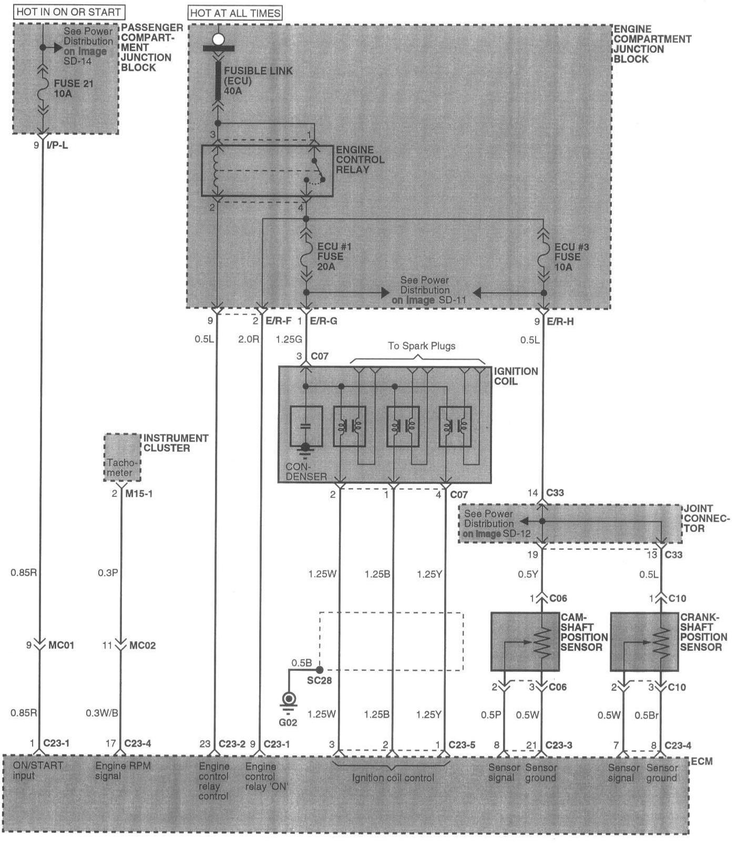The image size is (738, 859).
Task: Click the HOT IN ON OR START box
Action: pos(69,12)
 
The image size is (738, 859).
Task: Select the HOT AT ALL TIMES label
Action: pos(235,13)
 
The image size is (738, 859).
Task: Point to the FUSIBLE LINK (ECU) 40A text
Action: pos(258,80)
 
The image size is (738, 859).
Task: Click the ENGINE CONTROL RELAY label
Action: pos(360,160)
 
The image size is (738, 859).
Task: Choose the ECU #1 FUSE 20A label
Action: pos(334,257)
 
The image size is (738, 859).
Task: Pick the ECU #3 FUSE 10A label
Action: pos(571,257)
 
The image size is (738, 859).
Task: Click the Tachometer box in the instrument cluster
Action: pos(122,457)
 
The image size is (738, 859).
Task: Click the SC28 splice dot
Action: pos(319,670)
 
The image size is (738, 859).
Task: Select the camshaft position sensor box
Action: pos(525,642)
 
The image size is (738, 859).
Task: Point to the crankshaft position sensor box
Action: pos(644,642)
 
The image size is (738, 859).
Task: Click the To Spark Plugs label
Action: pos(422,346)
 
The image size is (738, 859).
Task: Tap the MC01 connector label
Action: pos(61,645)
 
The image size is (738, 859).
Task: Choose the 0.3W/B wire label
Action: pos(102,713)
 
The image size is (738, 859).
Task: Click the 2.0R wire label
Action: pos(249,339)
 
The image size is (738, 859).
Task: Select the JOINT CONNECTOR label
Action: pos(707,518)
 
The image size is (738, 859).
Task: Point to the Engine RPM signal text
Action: pos(123,771)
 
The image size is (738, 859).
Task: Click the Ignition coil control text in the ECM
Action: pos(393,778)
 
